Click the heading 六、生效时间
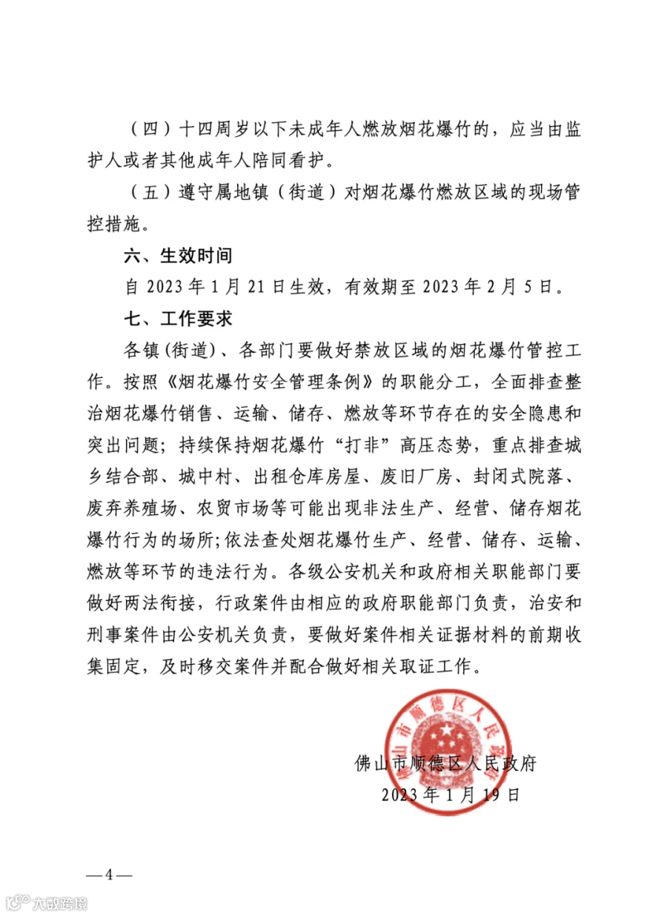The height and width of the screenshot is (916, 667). coord(178,256)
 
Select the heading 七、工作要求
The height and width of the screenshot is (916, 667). coord(178,319)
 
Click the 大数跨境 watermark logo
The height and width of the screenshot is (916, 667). coord(46,903)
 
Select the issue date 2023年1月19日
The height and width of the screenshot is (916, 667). coord(451,795)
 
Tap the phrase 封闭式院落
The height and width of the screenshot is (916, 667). coord(525,477)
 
